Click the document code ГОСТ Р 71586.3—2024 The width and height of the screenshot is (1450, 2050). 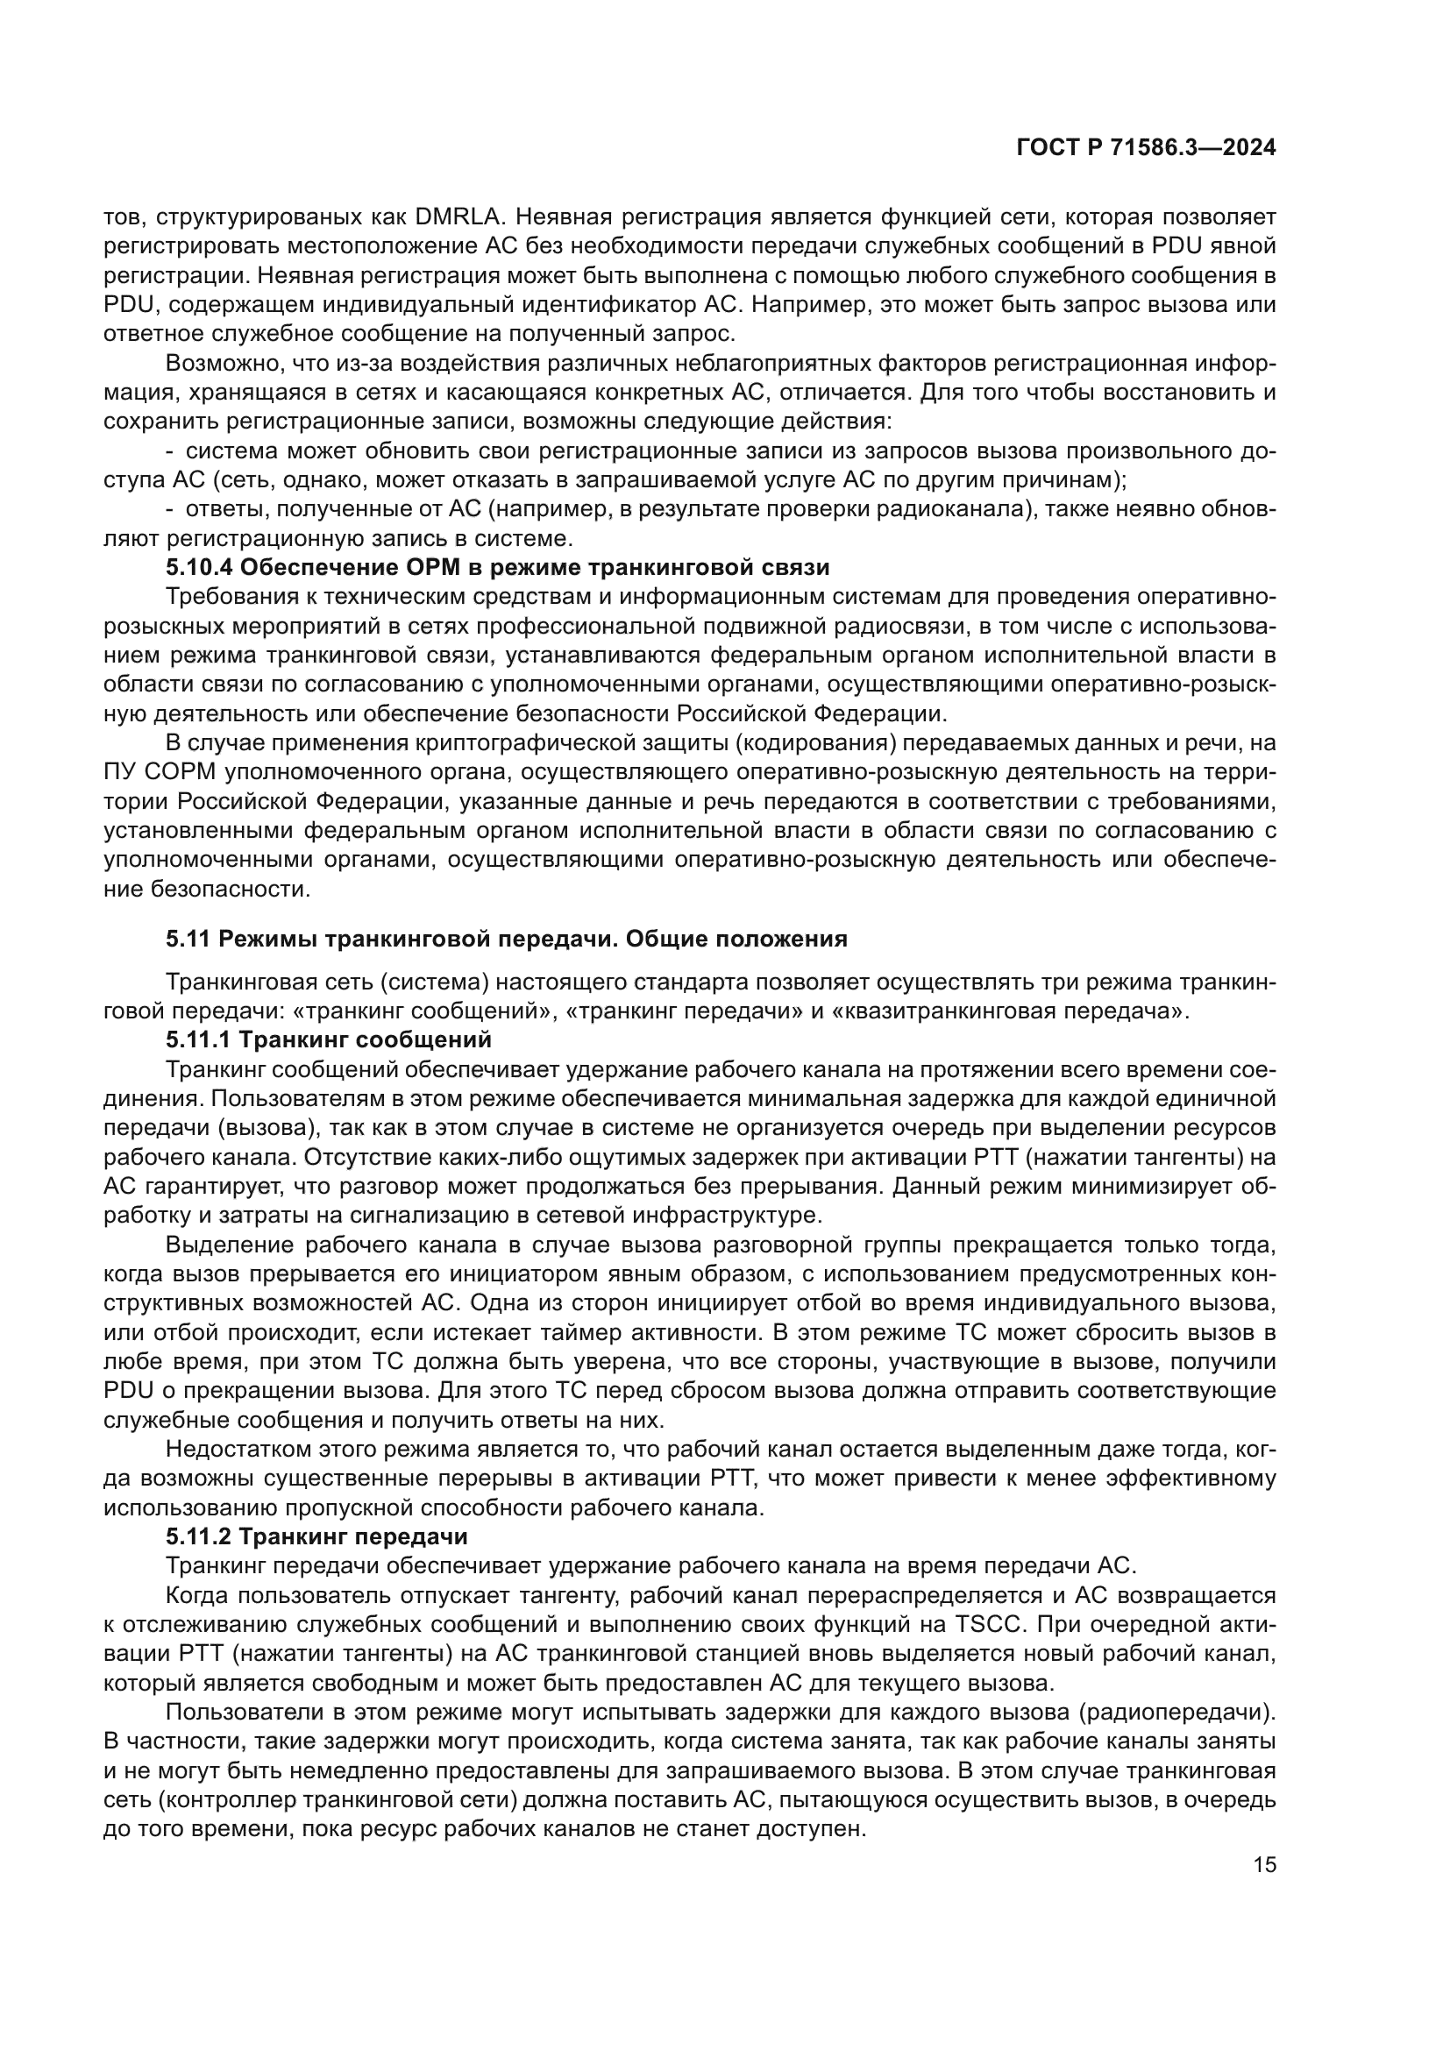click(1146, 149)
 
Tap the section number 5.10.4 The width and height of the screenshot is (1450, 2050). click(199, 568)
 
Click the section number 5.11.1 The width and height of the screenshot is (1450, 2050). click(198, 1039)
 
